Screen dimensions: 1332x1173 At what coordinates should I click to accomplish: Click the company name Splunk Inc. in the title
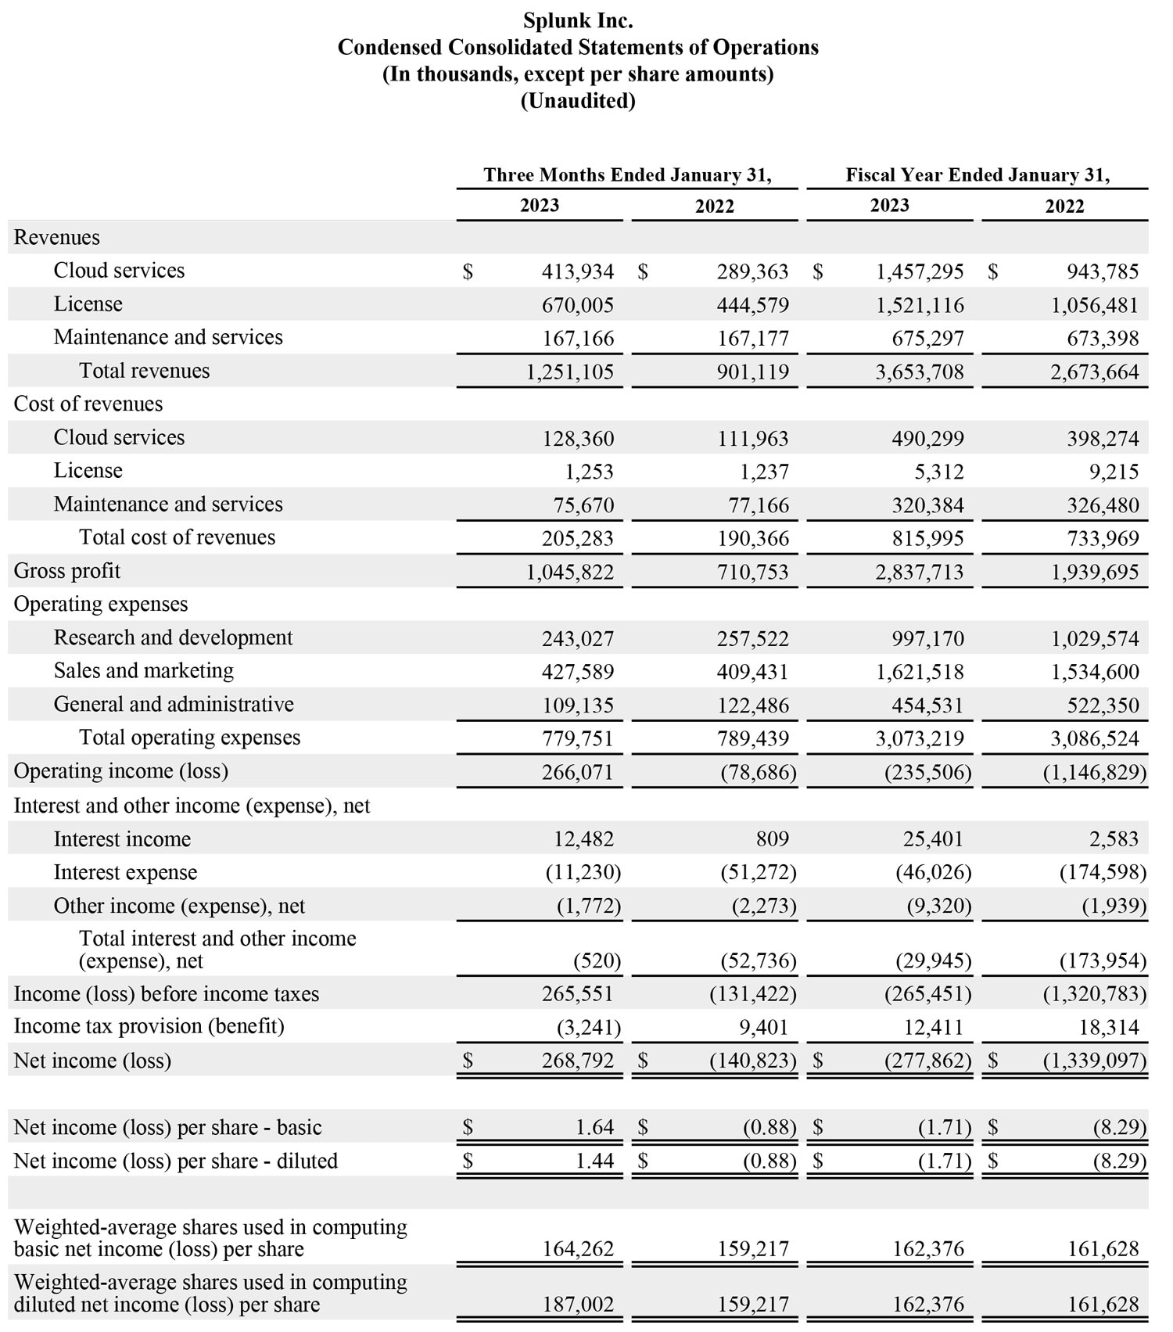coord(578,20)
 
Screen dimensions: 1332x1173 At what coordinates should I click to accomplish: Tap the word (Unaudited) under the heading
coord(578,101)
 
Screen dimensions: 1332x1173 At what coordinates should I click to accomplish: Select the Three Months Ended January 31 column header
coord(627,174)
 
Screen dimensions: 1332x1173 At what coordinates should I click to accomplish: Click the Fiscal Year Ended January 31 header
coord(977,174)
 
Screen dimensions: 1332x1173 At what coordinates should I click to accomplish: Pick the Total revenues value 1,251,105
coord(569,372)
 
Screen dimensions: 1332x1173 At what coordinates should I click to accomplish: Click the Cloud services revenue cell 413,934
coord(577,272)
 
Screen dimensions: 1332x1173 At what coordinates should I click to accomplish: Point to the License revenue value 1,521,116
coord(920,306)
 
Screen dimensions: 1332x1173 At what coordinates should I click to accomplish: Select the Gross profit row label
coord(67,571)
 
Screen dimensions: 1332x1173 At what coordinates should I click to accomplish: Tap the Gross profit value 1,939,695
coord(1095,573)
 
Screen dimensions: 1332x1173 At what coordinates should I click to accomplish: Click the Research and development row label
coord(173,637)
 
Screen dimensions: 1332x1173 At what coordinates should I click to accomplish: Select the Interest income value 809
coord(772,839)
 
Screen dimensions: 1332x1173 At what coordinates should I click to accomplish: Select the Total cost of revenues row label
coord(177,537)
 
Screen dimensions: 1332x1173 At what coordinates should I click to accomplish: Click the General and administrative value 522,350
coord(1103,705)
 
